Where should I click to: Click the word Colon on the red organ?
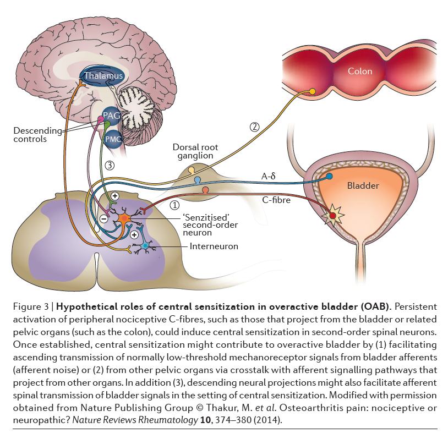[x=360, y=71]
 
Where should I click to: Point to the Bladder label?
[x=363, y=185]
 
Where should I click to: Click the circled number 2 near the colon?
[x=254, y=127]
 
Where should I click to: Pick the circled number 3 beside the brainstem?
[x=110, y=165]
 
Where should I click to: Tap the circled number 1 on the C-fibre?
[x=175, y=205]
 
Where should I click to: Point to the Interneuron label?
[x=214, y=246]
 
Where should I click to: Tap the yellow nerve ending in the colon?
[x=313, y=91]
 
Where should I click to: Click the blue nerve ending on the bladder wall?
[x=330, y=177]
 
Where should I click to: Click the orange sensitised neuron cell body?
[x=124, y=219]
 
